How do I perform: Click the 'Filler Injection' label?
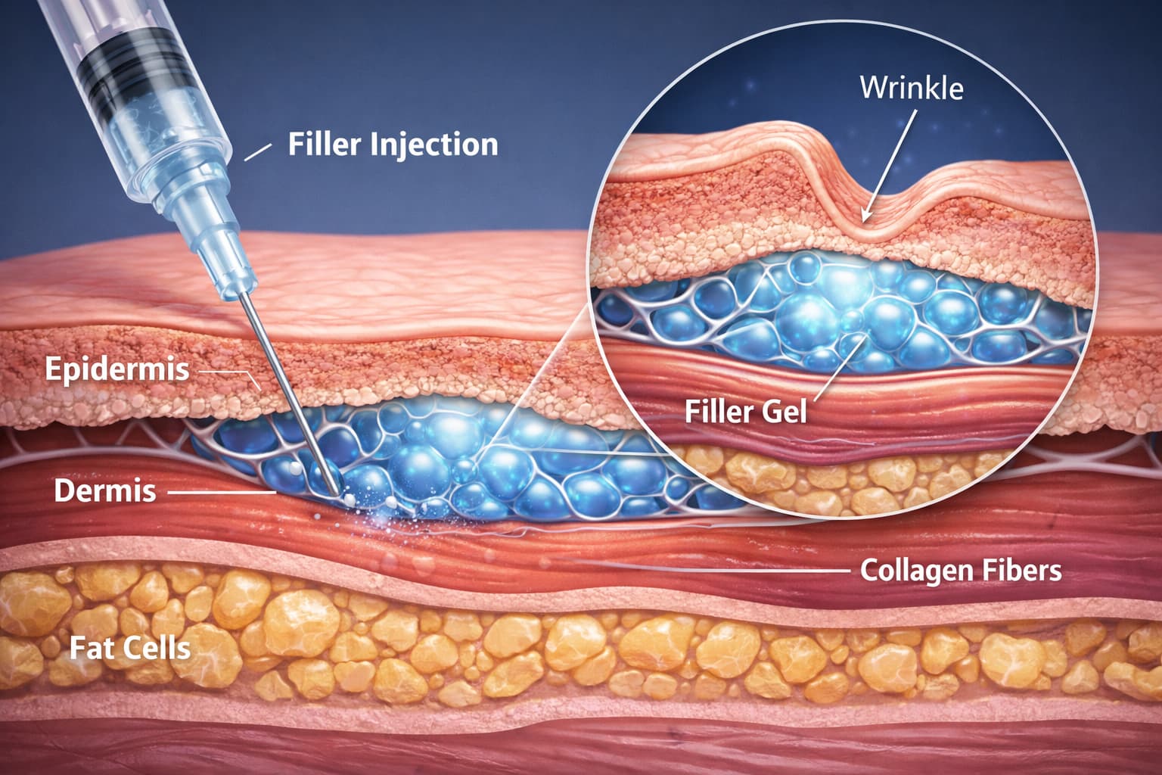[393, 144]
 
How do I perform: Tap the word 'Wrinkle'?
[912, 88]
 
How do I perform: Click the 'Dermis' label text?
[104, 490]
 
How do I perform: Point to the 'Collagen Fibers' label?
[961, 570]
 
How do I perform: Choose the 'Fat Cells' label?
[129, 648]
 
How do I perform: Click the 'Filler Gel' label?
[745, 411]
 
